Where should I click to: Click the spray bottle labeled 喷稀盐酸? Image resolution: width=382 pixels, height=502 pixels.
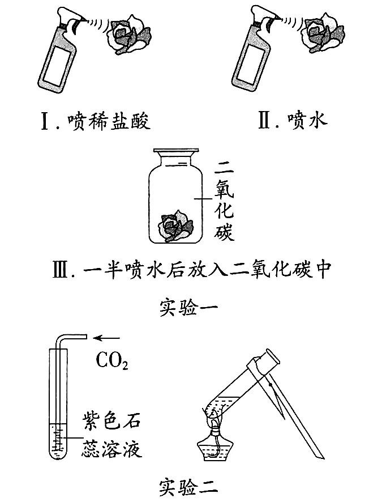click(x=59, y=54)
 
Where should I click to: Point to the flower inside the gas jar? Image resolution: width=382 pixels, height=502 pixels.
click(x=176, y=226)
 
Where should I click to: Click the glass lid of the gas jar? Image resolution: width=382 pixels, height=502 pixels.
click(x=176, y=151)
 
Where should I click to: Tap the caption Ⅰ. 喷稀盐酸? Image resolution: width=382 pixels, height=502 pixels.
click(x=96, y=122)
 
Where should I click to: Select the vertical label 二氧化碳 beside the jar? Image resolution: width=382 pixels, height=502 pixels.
click(x=224, y=201)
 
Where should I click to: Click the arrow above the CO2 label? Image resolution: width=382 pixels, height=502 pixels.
click(x=106, y=338)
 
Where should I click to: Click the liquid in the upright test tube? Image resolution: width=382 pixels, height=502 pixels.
click(x=58, y=441)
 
